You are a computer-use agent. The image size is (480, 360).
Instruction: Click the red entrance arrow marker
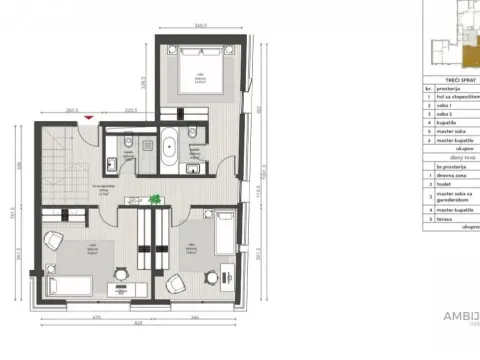[92, 118]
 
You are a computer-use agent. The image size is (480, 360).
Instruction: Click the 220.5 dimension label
[130, 110]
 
